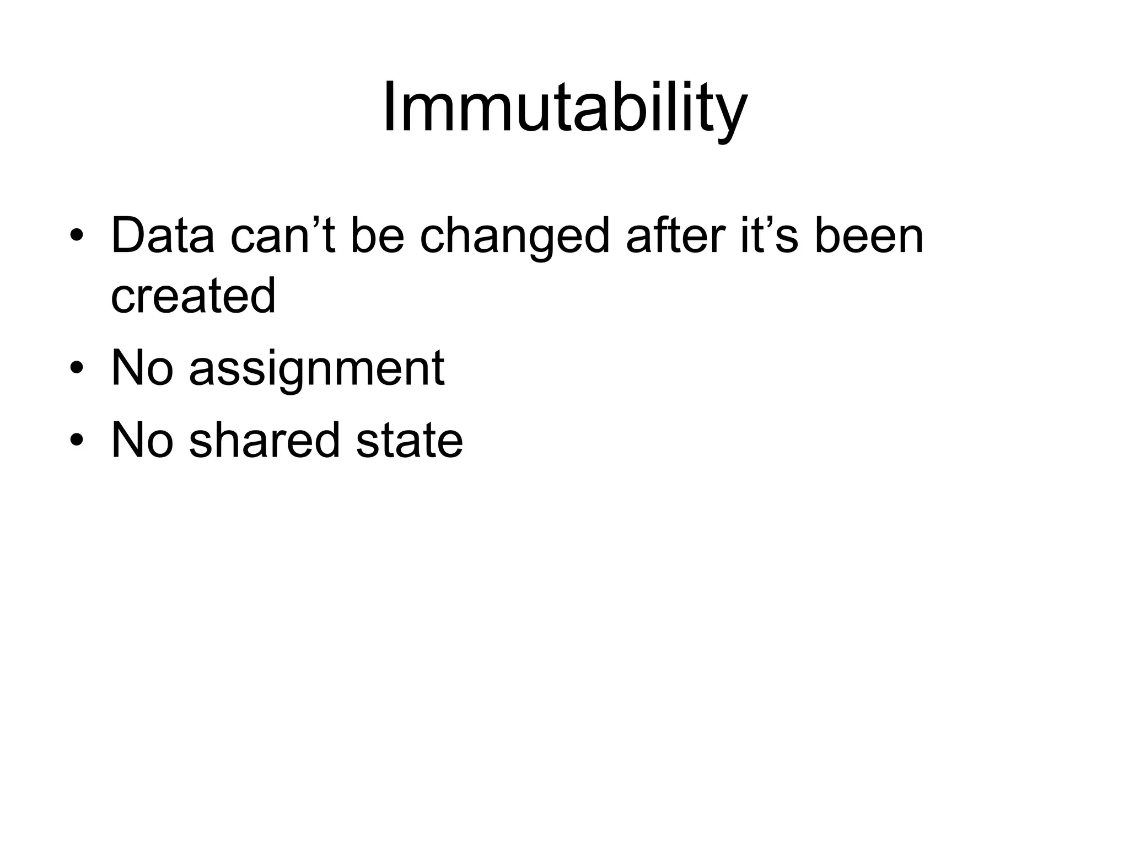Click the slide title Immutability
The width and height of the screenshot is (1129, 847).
pyautogui.click(x=564, y=108)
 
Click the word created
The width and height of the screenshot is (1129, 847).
pyautogui.click(x=193, y=296)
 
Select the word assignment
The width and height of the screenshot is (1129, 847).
pyautogui.click(x=316, y=369)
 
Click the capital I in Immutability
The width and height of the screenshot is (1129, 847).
pyautogui.click(x=389, y=107)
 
